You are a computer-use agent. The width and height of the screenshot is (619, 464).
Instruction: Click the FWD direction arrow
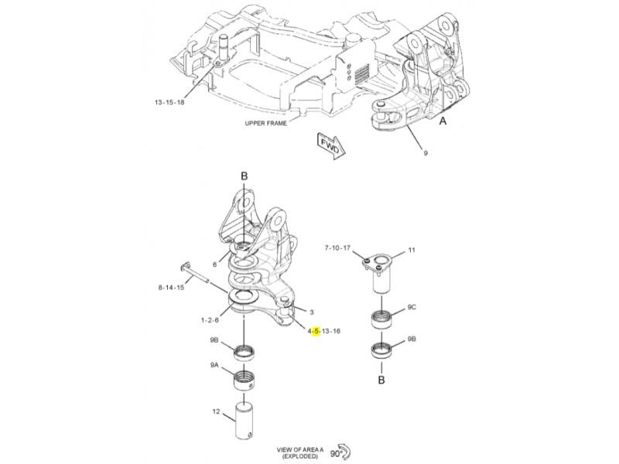click(x=331, y=146)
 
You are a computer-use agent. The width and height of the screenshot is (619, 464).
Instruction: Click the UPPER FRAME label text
click(x=265, y=123)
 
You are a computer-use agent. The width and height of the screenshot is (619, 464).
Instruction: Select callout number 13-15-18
click(x=169, y=103)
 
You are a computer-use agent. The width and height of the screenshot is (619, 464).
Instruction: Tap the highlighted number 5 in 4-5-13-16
click(x=316, y=331)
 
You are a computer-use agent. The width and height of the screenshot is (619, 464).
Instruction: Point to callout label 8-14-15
click(x=171, y=287)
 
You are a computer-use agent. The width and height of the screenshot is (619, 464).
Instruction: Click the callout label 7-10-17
click(x=337, y=248)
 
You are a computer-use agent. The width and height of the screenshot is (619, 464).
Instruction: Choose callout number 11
click(x=412, y=250)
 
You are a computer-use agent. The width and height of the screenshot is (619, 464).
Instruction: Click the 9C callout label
click(x=412, y=307)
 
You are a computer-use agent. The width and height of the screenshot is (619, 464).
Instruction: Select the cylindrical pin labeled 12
click(x=245, y=420)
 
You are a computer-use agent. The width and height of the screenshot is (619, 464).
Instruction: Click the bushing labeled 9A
click(x=244, y=380)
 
